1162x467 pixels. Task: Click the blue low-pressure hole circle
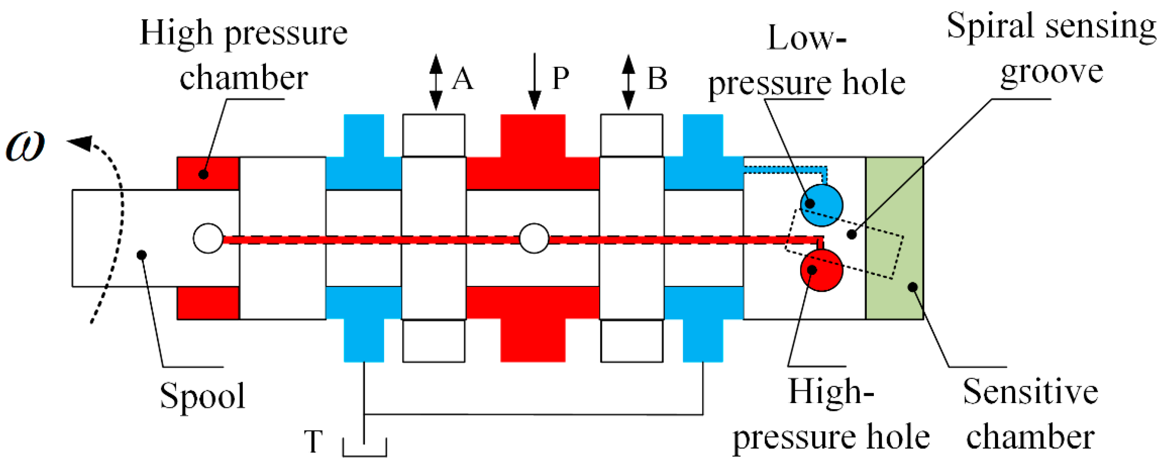click(x=822, y=205)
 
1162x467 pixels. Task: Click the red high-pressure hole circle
click(x=822, y=270)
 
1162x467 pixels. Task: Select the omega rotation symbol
click(x=26, y=146)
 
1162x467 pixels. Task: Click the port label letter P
click(x=561, y=79)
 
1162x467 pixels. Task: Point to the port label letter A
click(x=463, y=79)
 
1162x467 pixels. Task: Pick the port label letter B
click(x=657, y=79)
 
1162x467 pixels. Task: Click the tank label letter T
click(x=313, y=442)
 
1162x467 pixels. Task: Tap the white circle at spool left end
click(x=208, y=238)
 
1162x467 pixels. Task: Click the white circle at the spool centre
click(x=534, y=238)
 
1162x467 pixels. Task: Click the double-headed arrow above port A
click(x=436, y=82)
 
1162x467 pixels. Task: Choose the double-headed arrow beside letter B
click(x=628, y=82)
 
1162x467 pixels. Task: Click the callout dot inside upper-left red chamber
click(x=204, y=174)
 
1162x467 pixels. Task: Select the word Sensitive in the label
click(x=1030, y=392)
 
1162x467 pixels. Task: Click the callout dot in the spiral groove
click(x=852, y=234)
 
